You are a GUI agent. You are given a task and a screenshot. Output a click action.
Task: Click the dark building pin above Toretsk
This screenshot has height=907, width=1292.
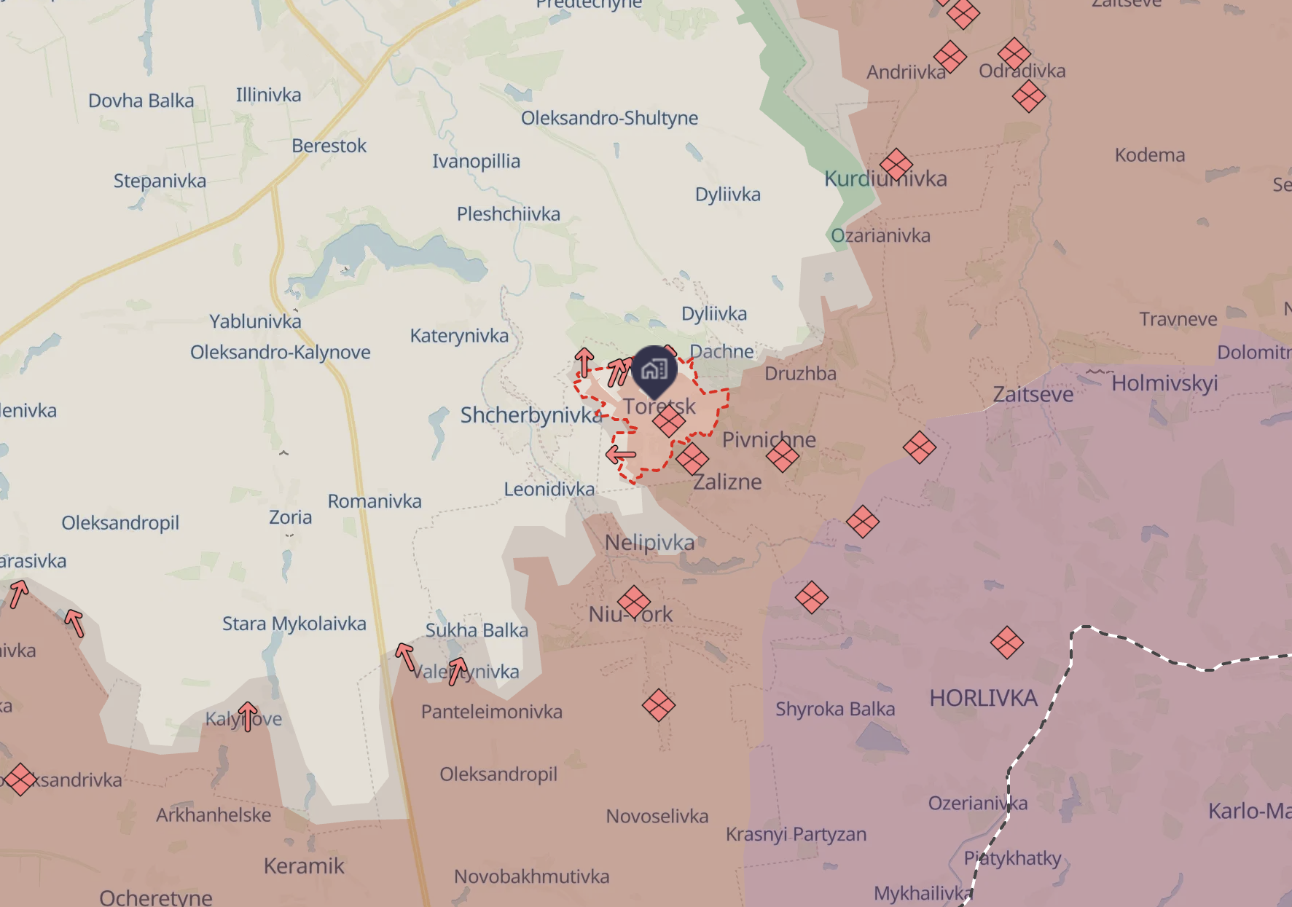(x=654, y=370)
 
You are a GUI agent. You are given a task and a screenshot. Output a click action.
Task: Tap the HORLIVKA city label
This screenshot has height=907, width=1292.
(x=983, y=698)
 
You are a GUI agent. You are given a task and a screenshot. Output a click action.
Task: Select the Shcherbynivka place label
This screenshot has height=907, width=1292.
(x=531, y=415)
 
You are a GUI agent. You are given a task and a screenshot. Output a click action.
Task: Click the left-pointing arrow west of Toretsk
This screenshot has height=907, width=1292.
(x=621, y=455)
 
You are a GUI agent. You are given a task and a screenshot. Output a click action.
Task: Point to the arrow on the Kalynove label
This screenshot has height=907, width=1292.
(x=248, y=716)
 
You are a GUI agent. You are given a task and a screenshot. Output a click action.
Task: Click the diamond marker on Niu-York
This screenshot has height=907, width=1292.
(x=634, y=602)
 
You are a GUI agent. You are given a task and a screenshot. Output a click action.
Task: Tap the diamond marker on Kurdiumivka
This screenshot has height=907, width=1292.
(x=896, y=165)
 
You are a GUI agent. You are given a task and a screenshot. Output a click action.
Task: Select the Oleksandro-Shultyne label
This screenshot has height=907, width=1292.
(x=609, y=118)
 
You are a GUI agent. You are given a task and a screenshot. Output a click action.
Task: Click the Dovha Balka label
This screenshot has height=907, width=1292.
(x=141, y=101)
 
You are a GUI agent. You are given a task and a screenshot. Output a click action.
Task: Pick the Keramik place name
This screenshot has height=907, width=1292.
(x=304, y=866)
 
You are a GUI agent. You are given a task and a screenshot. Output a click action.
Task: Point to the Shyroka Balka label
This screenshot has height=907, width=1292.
(x=835, y=709)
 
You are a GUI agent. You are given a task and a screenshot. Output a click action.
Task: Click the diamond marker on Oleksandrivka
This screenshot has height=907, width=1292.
(x=20, y=779)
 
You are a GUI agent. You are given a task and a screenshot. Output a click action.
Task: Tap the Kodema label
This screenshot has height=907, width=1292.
(x=1149, y=155)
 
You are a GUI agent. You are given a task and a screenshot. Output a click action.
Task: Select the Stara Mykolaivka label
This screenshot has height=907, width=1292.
(x=294, y=624)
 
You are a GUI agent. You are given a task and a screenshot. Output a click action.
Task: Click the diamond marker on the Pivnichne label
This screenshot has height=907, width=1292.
(x=783, y=457)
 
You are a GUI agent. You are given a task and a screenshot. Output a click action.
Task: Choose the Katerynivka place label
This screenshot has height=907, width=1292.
(x=459, y=336)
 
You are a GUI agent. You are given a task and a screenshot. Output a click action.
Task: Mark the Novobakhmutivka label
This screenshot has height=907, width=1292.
(x=531, y=876)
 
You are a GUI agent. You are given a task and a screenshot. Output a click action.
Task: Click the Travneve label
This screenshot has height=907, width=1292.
(x=1178, y=319)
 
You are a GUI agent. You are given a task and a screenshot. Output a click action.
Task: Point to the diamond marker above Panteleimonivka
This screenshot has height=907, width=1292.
(x=658, y=705)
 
